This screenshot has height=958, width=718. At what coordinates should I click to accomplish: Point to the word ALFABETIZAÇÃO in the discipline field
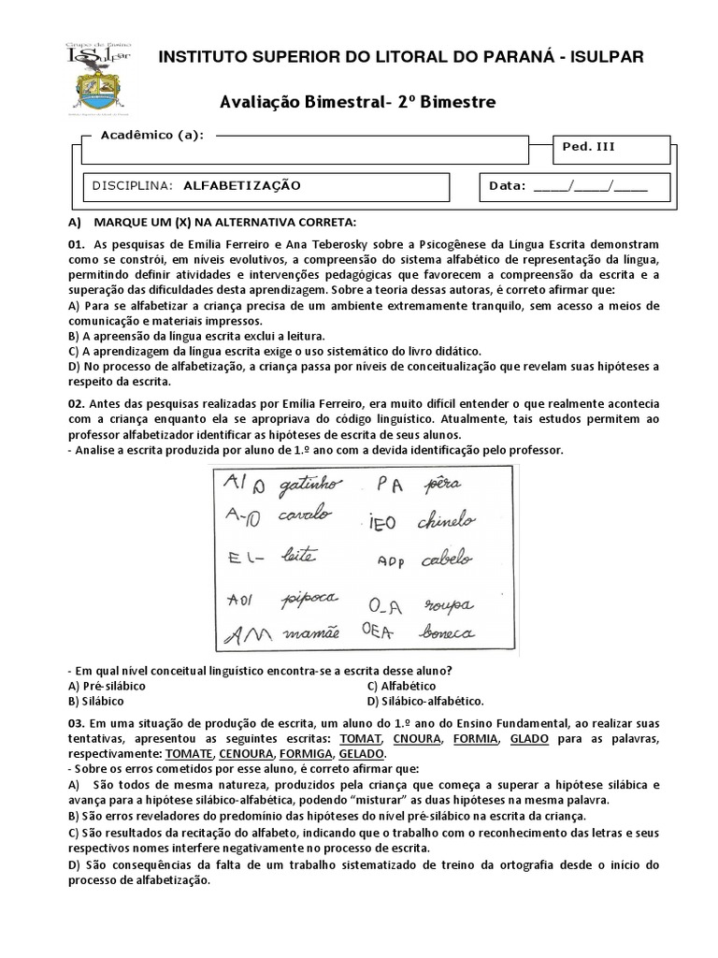click(242, 185)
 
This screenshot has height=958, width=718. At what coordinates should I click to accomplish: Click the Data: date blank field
click(589, 185)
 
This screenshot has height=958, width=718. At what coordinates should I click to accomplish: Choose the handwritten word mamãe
click(302, 634)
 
